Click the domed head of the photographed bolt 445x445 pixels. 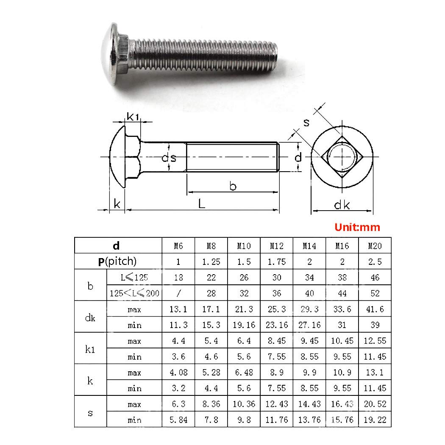point(111,54)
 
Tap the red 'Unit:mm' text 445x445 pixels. point(357,227)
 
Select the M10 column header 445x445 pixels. point(244,246)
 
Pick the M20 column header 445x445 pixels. point(375,246)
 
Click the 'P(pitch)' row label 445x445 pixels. point(117,261)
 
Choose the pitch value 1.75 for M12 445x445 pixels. point(277,261)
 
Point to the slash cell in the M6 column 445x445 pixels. point(178,293)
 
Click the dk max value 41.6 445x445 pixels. point(375,309)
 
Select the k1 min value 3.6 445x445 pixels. point(178,356)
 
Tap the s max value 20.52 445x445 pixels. point(375,404)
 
